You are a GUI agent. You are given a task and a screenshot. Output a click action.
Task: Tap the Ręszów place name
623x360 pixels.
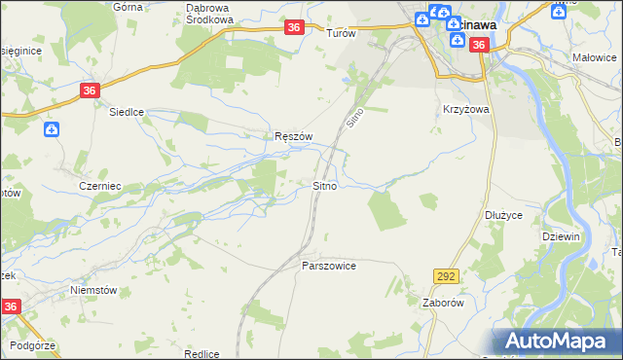click(x=292, y=137)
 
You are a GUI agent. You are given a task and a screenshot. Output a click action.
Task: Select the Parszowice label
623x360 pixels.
click(x=329, y=266)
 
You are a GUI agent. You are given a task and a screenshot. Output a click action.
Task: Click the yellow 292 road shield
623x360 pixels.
click(x=447, y=277)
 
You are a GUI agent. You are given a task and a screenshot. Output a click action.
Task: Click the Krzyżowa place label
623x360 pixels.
click(x=465, y=110)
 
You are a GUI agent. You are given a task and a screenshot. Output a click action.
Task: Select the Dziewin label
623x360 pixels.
click(x=562, y=236)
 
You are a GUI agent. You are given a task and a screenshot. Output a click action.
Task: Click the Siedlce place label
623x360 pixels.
click(x=126, y=112)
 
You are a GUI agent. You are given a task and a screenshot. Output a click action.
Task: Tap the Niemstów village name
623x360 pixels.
click(x=93, y=290)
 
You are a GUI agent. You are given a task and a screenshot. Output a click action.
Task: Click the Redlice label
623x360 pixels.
click(x=200, y=354)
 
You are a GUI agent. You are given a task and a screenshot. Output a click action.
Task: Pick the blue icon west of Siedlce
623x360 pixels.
click(x=52, y=128)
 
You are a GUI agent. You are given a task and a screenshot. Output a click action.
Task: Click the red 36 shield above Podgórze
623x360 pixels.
click(x=10, y=306)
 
